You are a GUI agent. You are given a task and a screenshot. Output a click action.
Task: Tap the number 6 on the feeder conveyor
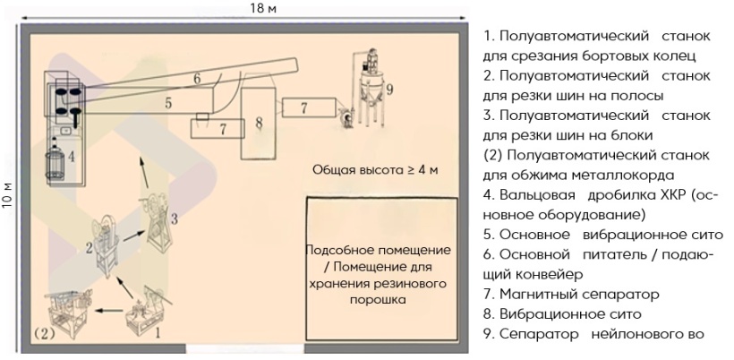[196, 78]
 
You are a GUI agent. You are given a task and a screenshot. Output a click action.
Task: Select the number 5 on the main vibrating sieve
[167, 104]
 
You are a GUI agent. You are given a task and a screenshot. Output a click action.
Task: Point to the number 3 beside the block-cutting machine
[175, 218]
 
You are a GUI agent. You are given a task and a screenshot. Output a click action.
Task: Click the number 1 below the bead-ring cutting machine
[158, 330]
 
